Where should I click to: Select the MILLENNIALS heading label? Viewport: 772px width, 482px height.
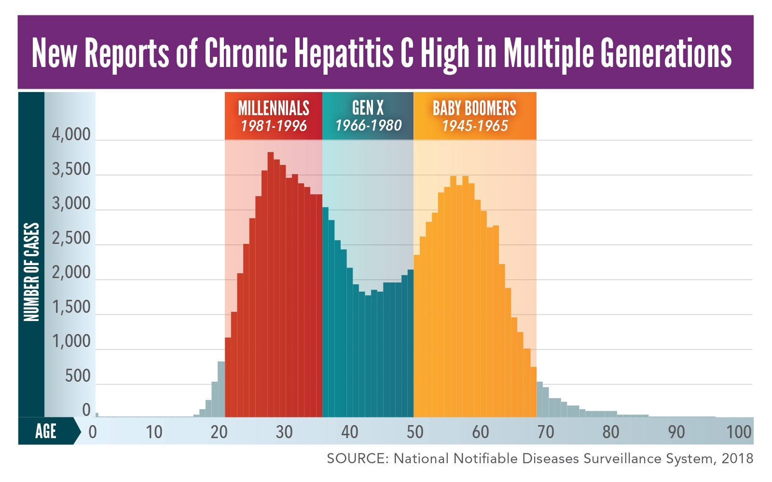tap(274, 108)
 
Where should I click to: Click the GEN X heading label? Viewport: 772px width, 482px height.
tap(368, 107)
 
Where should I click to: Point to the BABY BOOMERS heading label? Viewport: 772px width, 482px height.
tap(474, 108)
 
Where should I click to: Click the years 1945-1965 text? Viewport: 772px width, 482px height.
tap(475, 126)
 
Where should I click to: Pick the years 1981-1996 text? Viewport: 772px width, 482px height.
tap(274, 126)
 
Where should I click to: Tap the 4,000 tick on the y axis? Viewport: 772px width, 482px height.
tap(71, 134)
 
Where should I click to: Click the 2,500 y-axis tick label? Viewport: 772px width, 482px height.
tap(71, 238)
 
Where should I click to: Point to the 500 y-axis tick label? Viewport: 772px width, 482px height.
tap(78, 376)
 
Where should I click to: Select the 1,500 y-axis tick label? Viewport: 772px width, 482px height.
tap(71, 307)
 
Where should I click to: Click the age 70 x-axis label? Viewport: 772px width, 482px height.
tap(545, 432)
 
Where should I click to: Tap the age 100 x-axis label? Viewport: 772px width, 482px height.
tap(739, 432)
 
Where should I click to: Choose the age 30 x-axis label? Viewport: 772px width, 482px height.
tap(284, 432)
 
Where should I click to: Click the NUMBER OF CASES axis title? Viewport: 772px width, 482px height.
tap(31, 272)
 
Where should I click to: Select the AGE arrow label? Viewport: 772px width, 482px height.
tap(46, 431)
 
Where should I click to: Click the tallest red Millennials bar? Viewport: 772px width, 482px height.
tap(271, 284)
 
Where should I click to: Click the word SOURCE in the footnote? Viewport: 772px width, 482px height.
tap(356, 458)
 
